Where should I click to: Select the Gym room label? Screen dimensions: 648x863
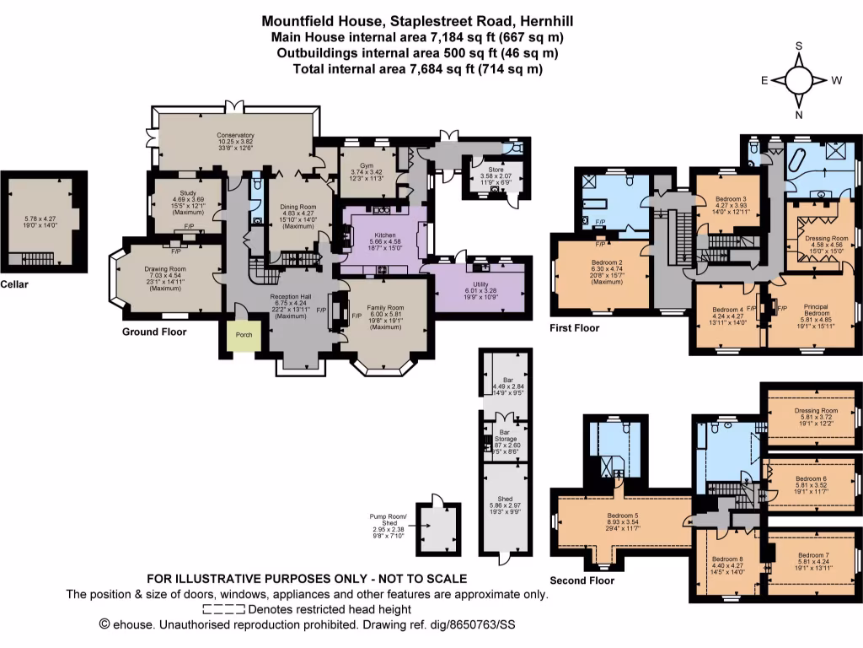click(362, 166)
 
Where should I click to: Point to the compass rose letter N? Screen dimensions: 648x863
click(799, 116)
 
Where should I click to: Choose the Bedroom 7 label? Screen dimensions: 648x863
click(814, 555)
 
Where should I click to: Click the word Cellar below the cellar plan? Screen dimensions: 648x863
click(14, 284)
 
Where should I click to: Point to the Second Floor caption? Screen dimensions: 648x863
click(582, 580)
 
